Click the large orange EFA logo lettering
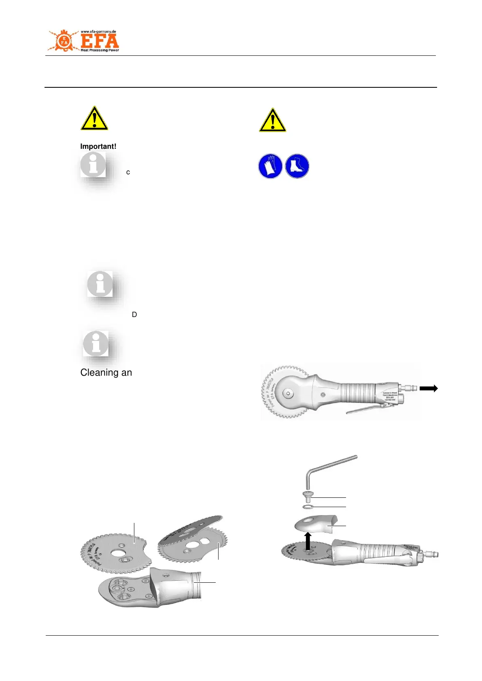100,41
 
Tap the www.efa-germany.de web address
98,32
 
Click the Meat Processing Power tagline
100,51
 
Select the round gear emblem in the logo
64,41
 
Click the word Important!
98,146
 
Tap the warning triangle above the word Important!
94,119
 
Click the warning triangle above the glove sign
273,121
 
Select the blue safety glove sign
270,166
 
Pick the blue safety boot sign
297,166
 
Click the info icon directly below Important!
93,165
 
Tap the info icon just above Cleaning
96,344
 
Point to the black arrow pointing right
429,388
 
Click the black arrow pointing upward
308,541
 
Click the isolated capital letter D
134,315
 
